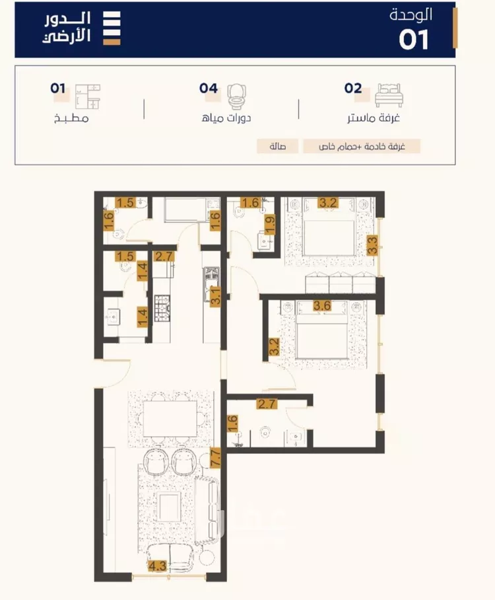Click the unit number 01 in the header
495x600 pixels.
(414, 40)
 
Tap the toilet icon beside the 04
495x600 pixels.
(236, 97)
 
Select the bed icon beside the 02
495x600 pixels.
(389, 95)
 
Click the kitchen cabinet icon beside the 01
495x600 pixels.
(88, 97)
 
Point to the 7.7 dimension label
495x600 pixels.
(216, 459)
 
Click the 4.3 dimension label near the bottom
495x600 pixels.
(158, 566)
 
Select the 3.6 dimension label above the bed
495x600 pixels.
(322, 306)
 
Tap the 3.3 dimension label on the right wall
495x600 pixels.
(372, 245)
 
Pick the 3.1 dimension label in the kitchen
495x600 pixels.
(216, 296)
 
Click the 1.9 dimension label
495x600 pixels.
(270, 225)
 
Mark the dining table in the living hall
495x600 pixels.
(170, 419)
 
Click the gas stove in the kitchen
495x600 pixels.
(162, 308)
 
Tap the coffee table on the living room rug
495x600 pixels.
(170, 507)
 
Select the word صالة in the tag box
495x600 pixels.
(278, 147)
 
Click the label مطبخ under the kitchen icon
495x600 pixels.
(71, 118)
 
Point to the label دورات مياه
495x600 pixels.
(226, 118)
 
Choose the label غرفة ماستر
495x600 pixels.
(373, 118)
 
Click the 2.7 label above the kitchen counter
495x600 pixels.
(164, 256)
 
